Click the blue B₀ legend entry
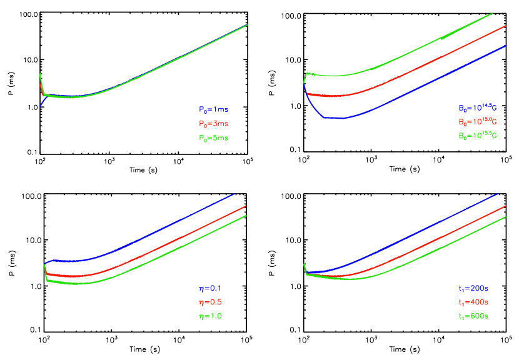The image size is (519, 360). (x=477, y=108)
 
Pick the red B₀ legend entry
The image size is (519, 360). (x=477, y=122)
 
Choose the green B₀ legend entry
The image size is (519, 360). (x=477, y=136)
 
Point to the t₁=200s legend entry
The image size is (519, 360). (x=473, y=289)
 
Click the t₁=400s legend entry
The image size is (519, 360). (x=473, y=302)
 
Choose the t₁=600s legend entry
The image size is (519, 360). (x=473, y=316)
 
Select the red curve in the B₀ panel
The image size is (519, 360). (x=425, y=65)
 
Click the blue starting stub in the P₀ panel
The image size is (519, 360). (x=43, y=102)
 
